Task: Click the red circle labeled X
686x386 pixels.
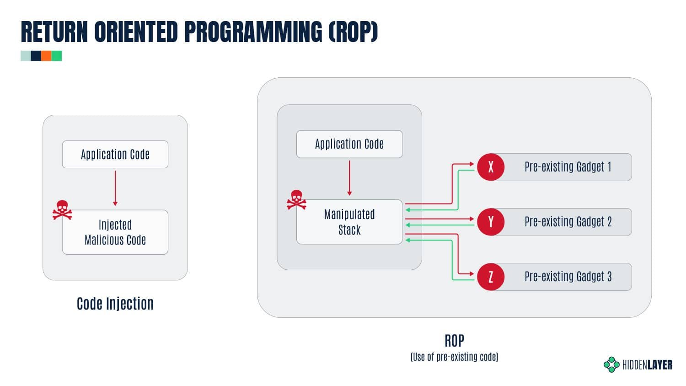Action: coord(491,167)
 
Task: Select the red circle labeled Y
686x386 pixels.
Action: coord(491,222)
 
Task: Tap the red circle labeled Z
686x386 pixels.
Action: coord(491,277)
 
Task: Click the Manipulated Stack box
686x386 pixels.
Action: coord(349,222)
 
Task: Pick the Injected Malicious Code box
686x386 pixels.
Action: coord(115,232)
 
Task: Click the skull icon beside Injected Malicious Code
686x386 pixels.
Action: coord(62,210)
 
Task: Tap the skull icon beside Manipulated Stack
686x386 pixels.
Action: coord(296,199)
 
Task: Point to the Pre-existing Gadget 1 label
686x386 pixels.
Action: coord(568,167)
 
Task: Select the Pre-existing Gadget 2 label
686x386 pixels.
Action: coord(568,222)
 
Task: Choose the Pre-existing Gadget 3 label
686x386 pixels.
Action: coord(568,277)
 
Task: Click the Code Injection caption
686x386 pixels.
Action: coord(115,304)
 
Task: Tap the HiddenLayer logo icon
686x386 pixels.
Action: coord(611,365)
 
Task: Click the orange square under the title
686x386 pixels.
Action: coord(46,56)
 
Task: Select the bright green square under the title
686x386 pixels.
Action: coord(57,56)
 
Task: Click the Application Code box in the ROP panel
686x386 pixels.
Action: coord(349,144)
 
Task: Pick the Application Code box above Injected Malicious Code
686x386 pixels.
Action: coord(115,155)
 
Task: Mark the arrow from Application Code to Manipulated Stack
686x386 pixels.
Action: coord(349,178)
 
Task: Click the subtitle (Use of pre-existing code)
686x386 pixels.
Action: coord(454,357)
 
